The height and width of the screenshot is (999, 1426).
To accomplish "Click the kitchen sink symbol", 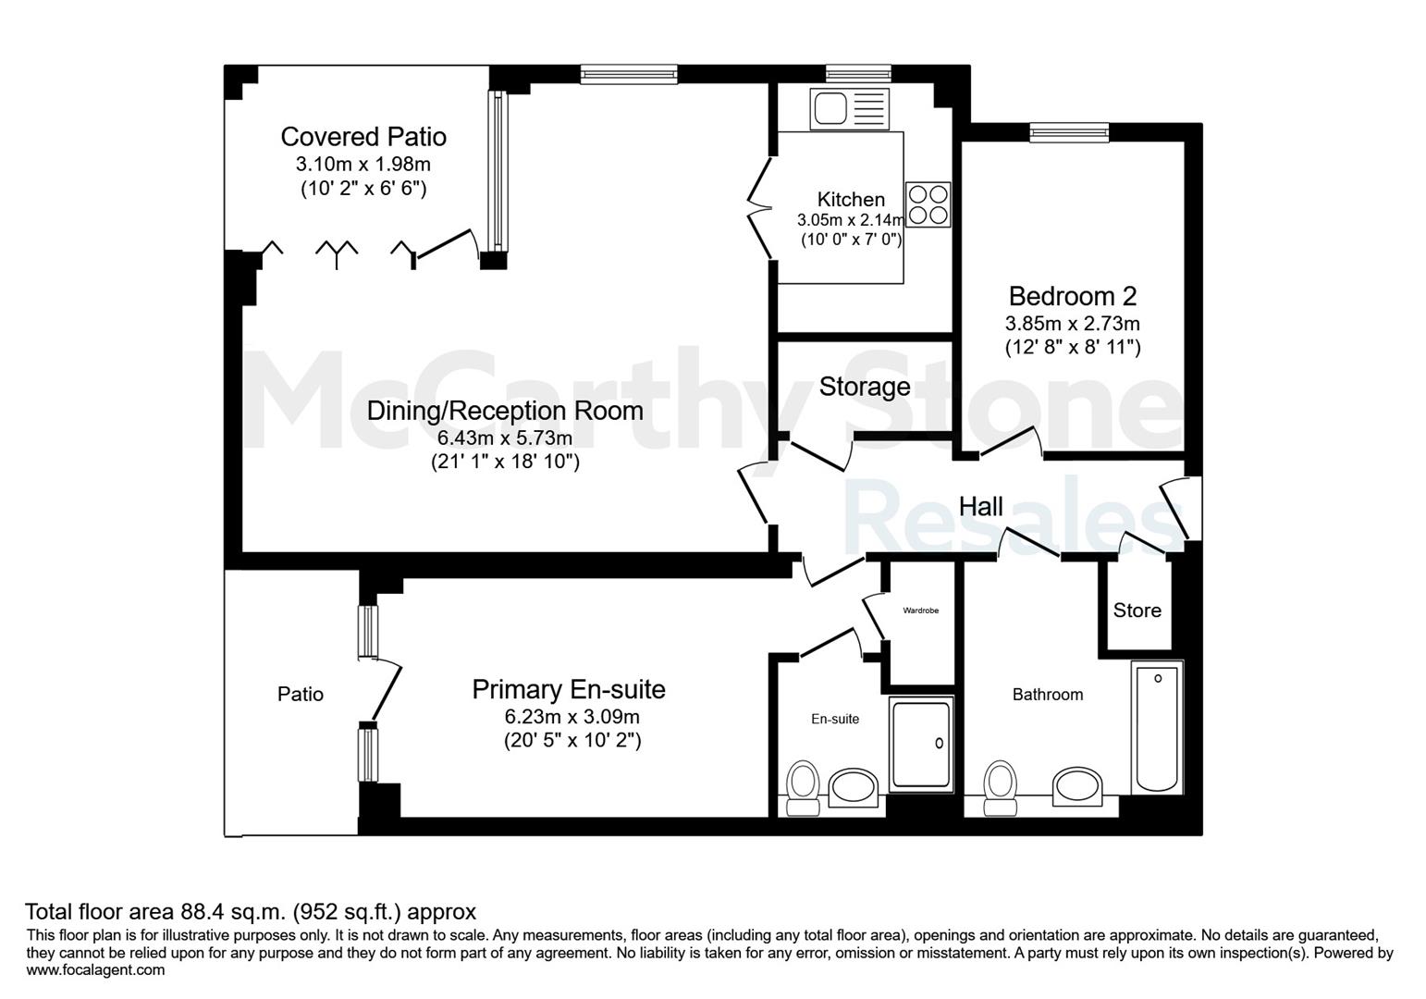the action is [x=849, y=108].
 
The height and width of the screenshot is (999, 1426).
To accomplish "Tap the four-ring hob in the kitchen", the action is [x=928, y=204].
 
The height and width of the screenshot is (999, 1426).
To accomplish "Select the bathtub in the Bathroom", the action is [x=1157, y=726].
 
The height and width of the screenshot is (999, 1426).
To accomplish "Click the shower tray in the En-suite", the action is [x=921, y=744].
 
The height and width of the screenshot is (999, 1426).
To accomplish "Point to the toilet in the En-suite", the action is [x=803, y=788].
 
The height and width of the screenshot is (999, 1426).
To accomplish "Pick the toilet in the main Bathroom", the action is [x=1000, y=788].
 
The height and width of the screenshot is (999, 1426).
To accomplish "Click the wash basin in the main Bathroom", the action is [x=1077, y=786].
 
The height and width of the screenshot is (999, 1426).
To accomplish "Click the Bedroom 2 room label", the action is [x=1073, y=296].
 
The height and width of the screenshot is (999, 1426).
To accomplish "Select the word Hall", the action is [x=981, y=507].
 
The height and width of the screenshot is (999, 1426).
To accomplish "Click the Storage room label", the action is [x=865, y=387].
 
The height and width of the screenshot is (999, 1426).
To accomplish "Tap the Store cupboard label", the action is [x=1137, y=610].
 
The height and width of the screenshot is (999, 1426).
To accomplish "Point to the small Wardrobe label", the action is [x=920, y=610].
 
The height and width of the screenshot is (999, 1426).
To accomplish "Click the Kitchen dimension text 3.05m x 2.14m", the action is [x=851, y=220].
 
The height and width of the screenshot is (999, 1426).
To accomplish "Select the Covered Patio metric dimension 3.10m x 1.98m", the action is [x=363, y=165].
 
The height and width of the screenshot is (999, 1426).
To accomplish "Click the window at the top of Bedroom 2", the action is [x=1069, y=132].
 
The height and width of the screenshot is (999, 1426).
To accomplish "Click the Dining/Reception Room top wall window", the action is [x=629, y=75].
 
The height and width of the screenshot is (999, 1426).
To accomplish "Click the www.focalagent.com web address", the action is [x=95, y=969].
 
